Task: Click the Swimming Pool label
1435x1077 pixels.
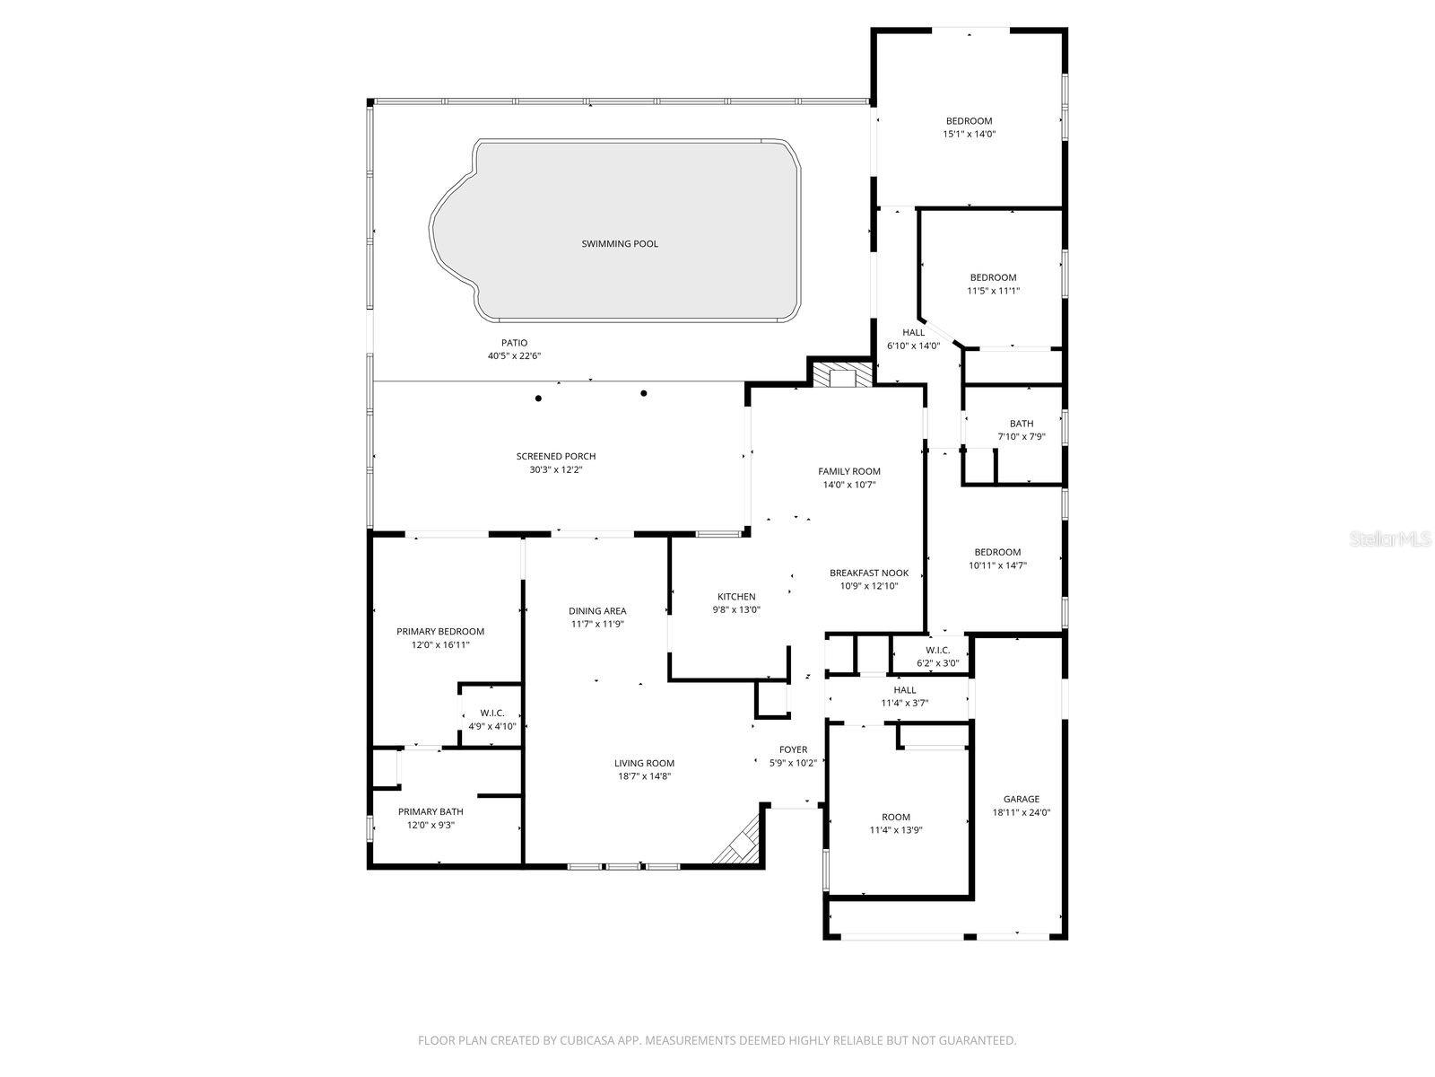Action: [x=619, y=244]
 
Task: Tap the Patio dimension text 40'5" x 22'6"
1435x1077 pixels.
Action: [x=514, y=356]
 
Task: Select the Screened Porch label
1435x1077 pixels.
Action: [x=555, y=457]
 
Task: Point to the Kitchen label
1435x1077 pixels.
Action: [x=735, y=597]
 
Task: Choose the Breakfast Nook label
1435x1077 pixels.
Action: [x=868, y=574]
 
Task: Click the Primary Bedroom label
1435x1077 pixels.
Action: [x=440, y=632]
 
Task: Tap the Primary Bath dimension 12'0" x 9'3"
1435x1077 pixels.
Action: [x=430, y=825]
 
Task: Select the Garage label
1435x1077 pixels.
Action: [x=1021, y=799]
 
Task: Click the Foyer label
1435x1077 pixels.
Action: [x=793, y=749]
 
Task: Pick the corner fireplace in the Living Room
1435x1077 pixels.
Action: [x=741, y=845]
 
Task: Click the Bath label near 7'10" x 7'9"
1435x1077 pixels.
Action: [x=1021, y=424]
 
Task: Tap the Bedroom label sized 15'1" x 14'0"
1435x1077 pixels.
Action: [x=969, y=121]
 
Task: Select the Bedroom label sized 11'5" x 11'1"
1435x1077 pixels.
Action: [x=993, y=277]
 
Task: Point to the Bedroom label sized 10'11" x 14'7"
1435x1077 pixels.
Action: [x=997, y=552]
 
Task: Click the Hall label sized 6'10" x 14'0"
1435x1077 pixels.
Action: [x=913, y=333]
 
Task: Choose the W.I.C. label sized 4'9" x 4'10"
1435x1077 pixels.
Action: [x=492, y=714]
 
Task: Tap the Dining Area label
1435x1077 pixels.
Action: [x=597, y=611]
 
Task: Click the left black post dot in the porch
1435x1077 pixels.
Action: [x=538, y=398]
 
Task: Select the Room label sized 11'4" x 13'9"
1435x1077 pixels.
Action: [x=895, y=817]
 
